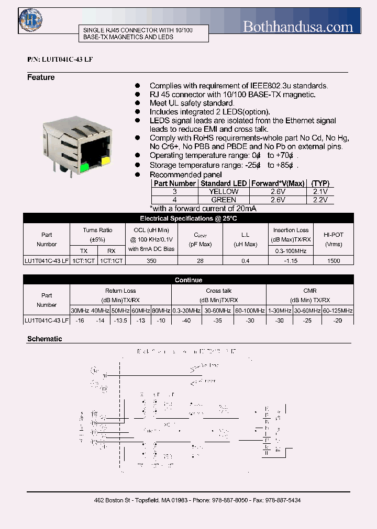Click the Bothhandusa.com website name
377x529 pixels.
(298, 26)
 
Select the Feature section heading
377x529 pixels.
(41, 77)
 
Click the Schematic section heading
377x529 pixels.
(45, 339)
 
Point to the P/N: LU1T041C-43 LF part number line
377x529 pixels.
(60, 60)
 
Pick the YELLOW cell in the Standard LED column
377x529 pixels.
(224, 191)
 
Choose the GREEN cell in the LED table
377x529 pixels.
(224, 200)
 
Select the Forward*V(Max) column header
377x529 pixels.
(278, 183)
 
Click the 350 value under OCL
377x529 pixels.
(151, 260)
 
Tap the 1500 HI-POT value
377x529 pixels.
(334, 260)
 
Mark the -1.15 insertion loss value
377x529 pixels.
(291, 260)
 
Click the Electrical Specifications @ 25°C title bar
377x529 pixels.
(188, 218)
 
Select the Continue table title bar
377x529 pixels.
(188, 280)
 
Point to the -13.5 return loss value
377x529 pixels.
(120, 320)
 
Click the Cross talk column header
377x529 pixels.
(219, 291)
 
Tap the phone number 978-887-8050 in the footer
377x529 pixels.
(229, 500)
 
